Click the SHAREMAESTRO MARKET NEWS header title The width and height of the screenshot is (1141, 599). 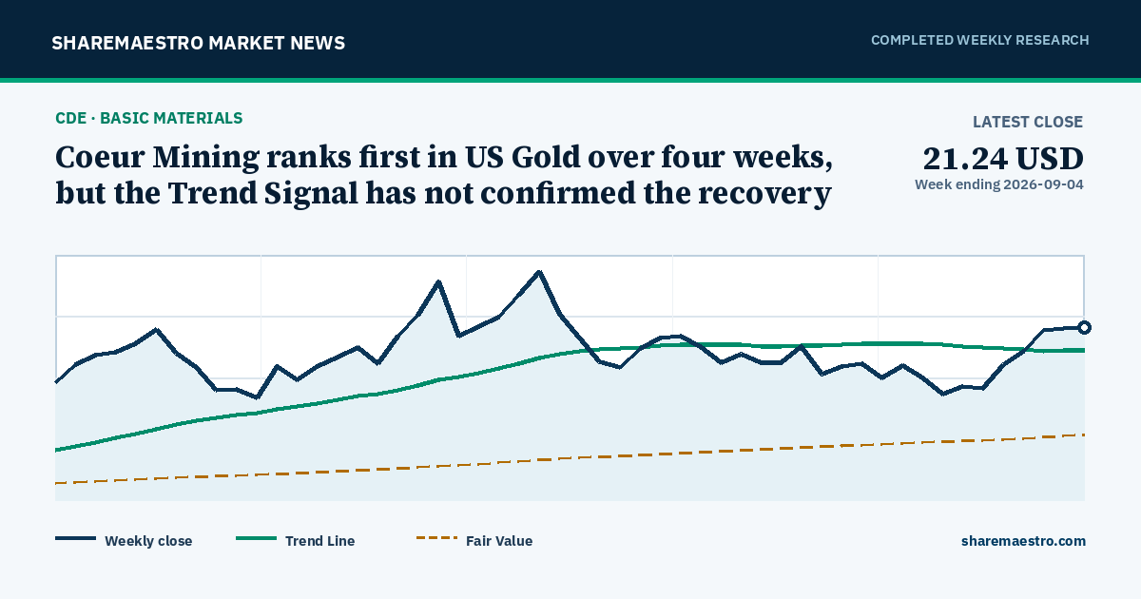coord(198,43)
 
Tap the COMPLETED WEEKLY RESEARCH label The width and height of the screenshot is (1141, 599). coord(979,40)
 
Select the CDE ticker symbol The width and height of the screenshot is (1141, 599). coord(70,118)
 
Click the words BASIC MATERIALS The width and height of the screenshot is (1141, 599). coord(171,118)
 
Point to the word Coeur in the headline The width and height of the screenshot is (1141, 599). coord(100,157)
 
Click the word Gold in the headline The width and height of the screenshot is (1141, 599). coord(546,157)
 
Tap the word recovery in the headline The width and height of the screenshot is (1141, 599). coord(764,194)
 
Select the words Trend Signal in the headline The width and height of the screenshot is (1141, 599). coord(262,194)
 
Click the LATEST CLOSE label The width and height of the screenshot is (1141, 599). coord(1028,122)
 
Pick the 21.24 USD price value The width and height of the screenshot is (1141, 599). coord(1003,159)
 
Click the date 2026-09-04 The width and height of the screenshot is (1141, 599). coord(1043,184)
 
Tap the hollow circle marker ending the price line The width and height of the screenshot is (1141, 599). coord(1085,327)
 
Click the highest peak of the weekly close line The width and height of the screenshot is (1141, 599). coord(539,272)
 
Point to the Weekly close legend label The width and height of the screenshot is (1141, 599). coord(148,541)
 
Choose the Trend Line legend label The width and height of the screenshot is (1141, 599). coord(319,541)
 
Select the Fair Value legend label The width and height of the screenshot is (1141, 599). coord(499,541)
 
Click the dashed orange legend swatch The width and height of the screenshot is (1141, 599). coord(436,538)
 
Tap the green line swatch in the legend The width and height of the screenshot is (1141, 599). coord(256,538)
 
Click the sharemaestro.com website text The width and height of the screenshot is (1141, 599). coord(1023,541)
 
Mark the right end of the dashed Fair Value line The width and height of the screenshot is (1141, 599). coord(1085,435)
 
